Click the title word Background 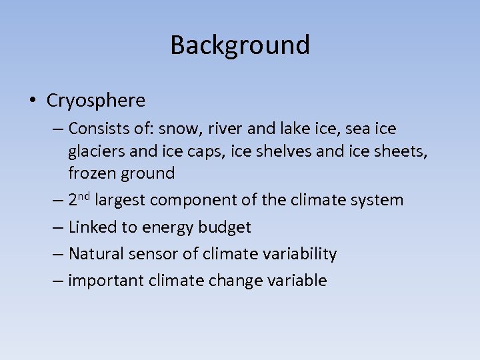240,45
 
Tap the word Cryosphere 96,101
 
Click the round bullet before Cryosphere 32,101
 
